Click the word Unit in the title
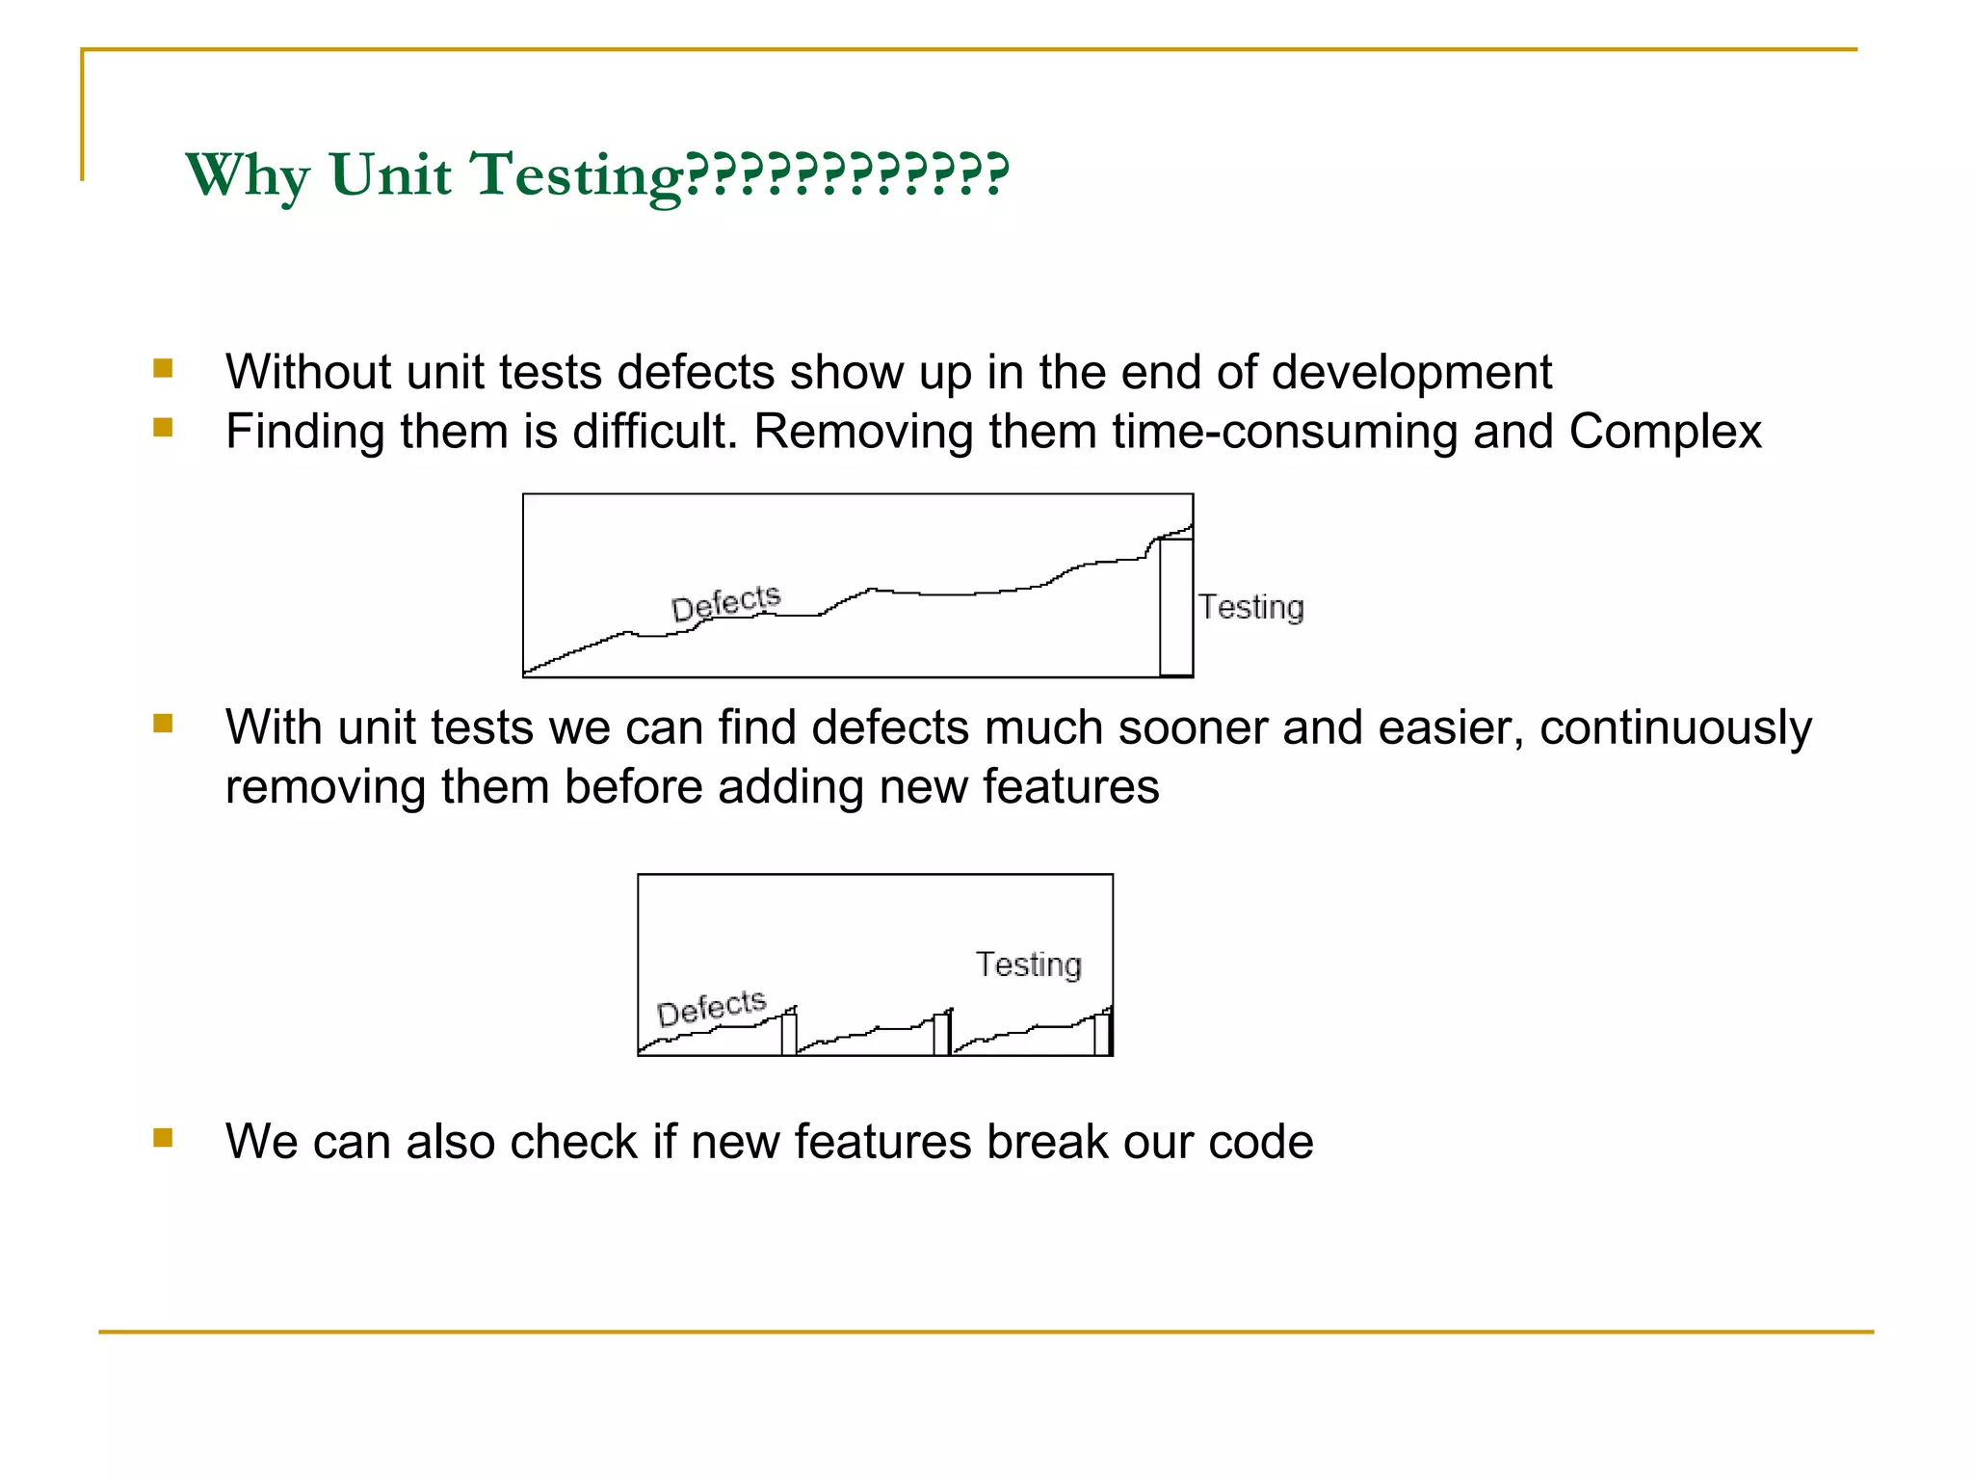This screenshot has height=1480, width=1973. [389, 175]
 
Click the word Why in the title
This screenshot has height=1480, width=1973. [248, 175]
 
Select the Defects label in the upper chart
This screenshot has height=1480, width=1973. [725, 602]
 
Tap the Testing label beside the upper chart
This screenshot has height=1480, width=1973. [1250, 607]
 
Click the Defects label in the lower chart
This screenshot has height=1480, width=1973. [711, 1007]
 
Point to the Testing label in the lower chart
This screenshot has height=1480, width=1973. [1028, 964]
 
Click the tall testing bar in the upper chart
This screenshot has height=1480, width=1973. [1175, 607]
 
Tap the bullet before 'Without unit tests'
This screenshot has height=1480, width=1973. [163, 368]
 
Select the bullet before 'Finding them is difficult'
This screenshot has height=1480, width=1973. [163, 427]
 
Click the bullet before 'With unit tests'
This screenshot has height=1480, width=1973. [163, 724]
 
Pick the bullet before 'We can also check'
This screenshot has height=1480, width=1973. [163, 1138]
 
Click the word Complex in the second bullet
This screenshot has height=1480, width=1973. [1665, 431]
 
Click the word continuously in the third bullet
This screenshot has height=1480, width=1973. [1675, 727]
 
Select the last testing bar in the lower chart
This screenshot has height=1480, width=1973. [1102, 1033]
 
